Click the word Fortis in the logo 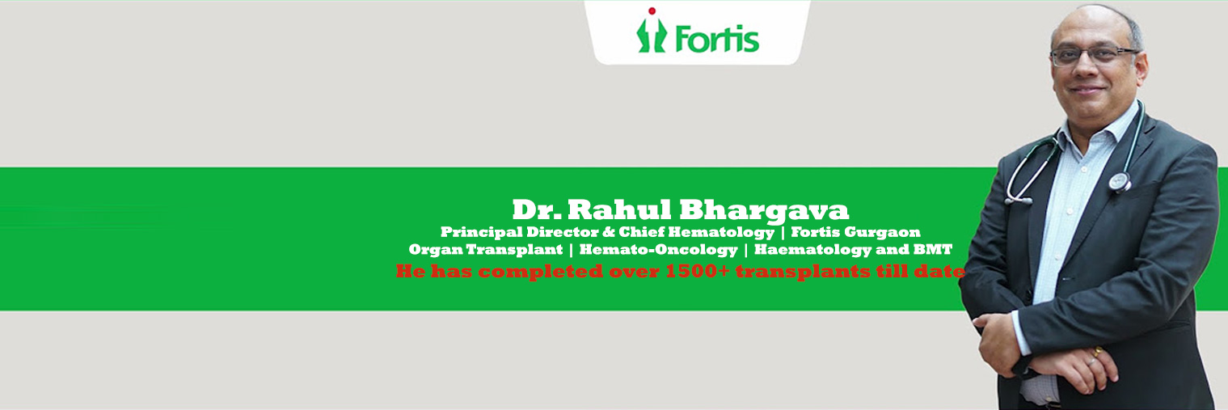(711, 37)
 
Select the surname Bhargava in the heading (764, 210)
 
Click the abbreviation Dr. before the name (536, 210)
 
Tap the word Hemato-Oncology (658, 250)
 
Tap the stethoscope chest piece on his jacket (1120, 181)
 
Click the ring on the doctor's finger (1097, 353)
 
